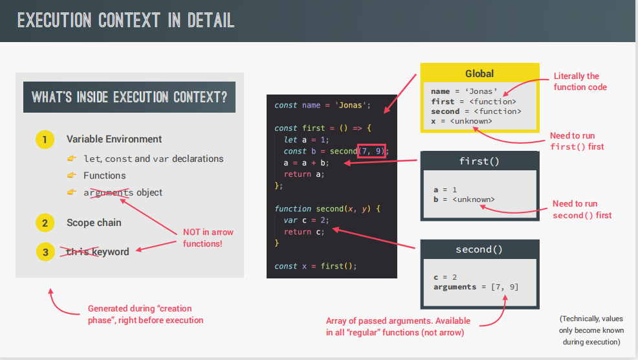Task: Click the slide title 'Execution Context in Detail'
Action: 126,20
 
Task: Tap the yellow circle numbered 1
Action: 45,139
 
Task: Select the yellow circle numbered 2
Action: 45,223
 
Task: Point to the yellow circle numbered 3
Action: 45,252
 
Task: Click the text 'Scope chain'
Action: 94,223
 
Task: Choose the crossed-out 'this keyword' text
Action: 98,252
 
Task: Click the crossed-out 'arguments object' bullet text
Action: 123,192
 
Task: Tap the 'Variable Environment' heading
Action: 114,139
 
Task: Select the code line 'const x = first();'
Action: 315,266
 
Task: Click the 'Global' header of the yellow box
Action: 479,74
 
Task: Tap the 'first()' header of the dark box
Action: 479,161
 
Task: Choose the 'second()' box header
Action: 479,249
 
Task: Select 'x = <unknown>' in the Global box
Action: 461,121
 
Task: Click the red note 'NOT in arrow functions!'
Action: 207,238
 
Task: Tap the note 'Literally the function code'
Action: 580,82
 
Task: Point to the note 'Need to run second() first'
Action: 582,210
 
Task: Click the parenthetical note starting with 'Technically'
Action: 591,330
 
